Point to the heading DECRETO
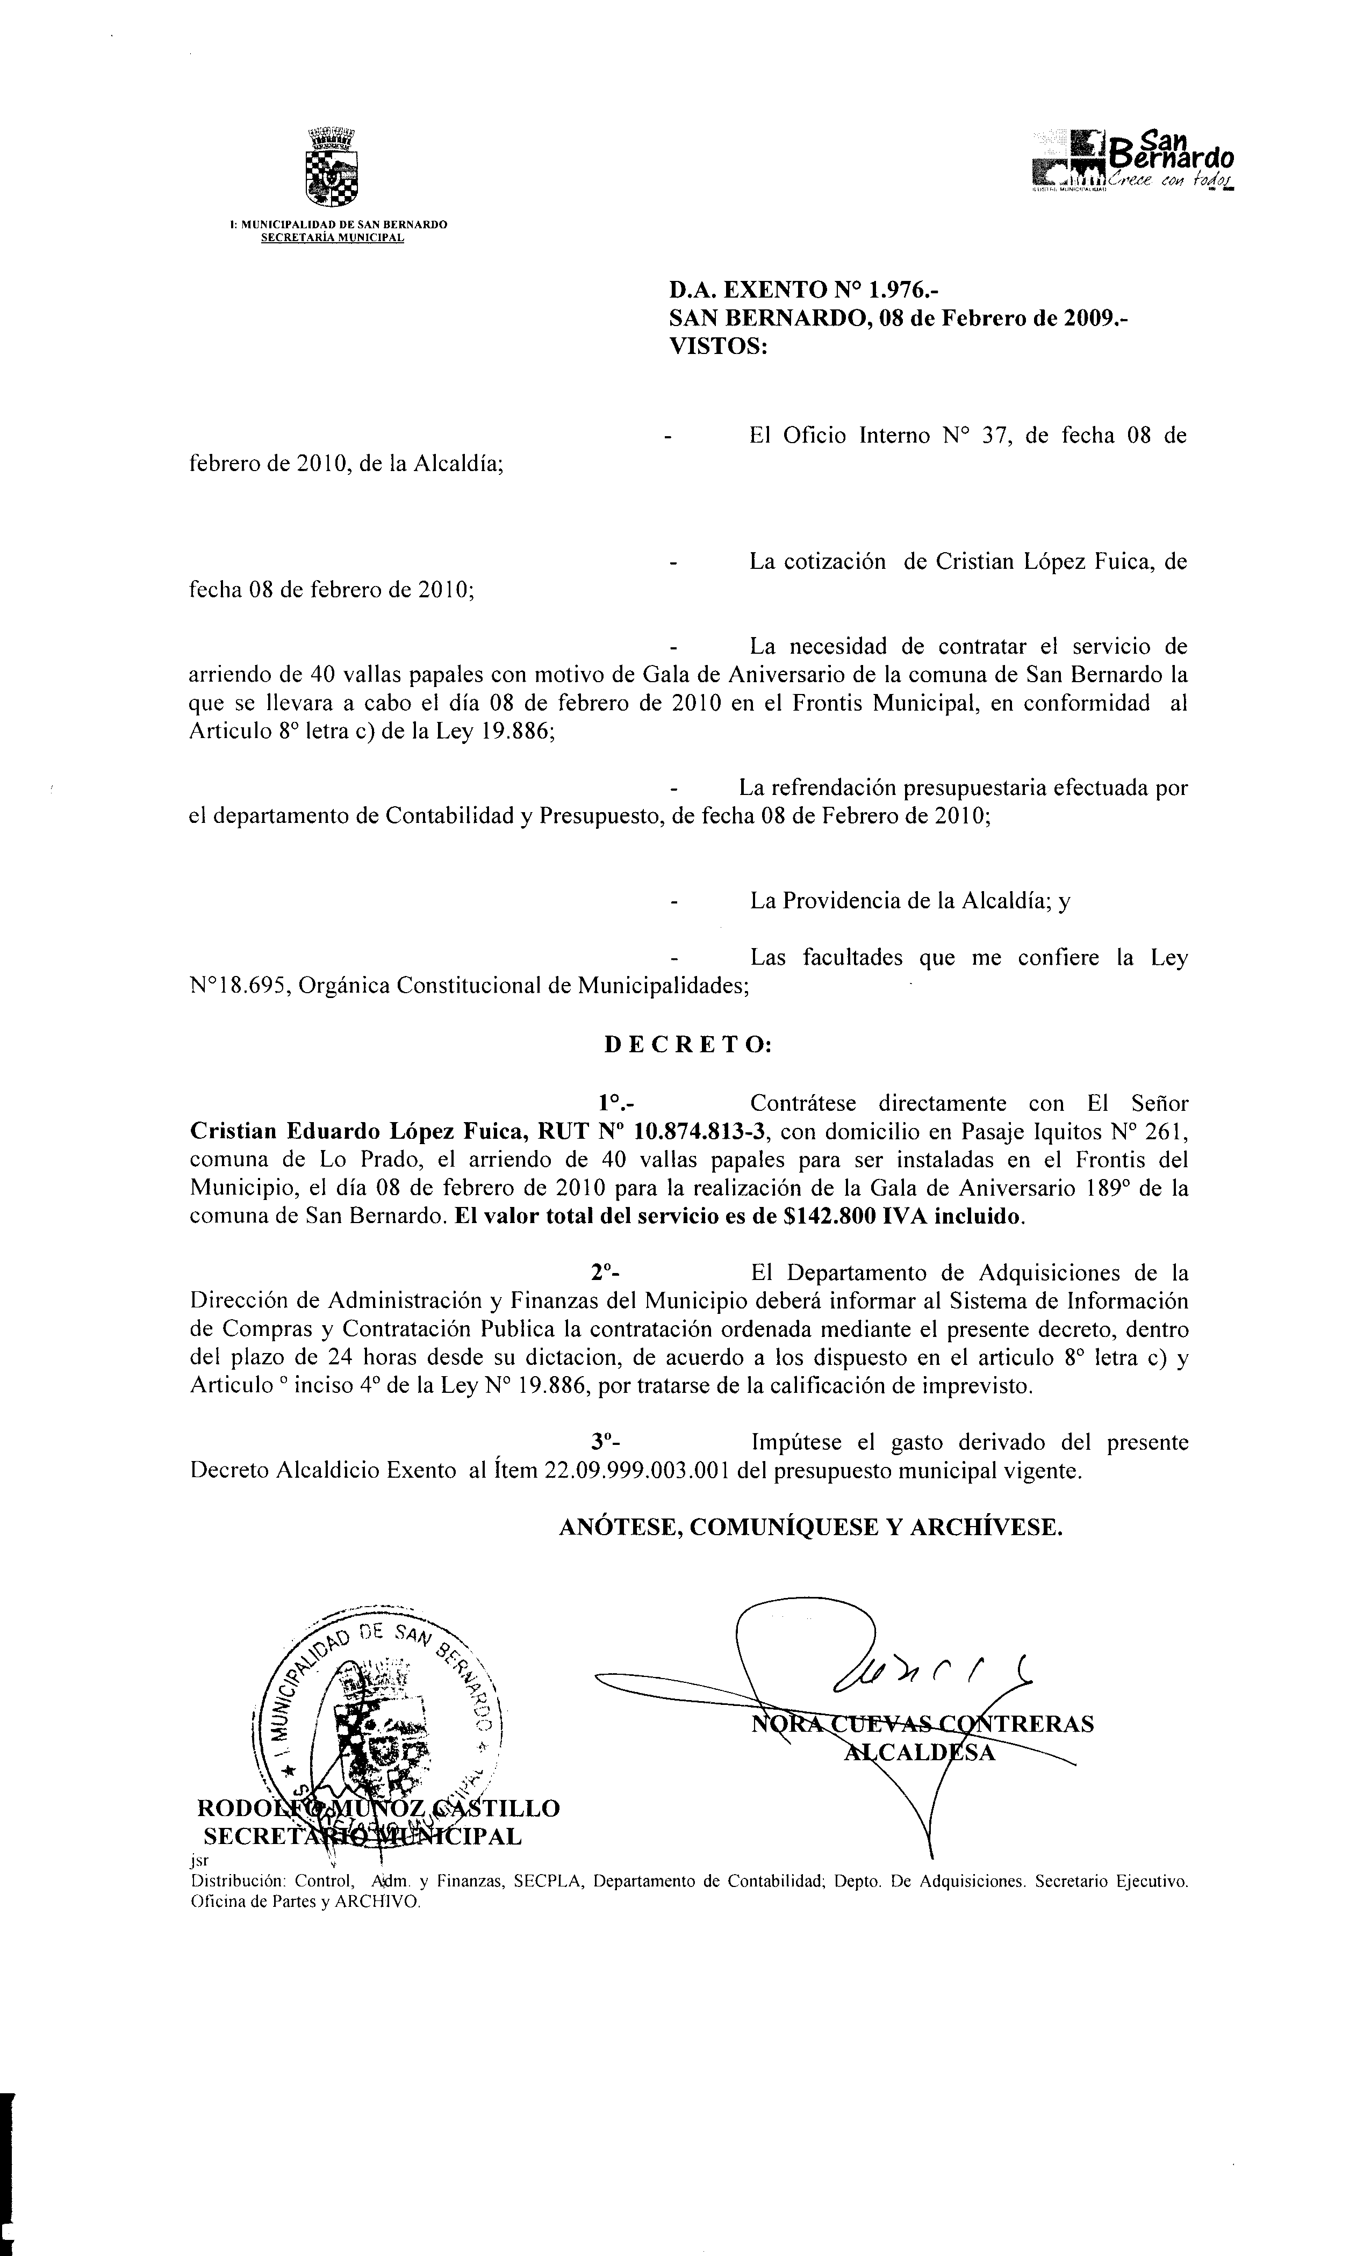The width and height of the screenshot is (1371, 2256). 688,1045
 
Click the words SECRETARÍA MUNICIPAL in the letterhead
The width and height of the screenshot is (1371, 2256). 333,238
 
